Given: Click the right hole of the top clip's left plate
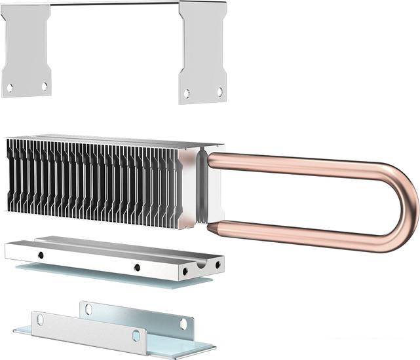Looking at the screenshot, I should (x=45, y=86).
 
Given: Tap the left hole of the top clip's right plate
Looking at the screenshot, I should (x=187, y=93).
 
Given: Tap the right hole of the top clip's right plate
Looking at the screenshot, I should (x=220, y=92).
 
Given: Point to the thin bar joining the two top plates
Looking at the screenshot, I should (x=115, y=4).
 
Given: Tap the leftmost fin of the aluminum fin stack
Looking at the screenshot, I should (x=9, y=173).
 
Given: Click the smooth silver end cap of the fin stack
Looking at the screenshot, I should (x=188, y=187).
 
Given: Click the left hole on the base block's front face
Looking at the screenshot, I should (x=41, y=254).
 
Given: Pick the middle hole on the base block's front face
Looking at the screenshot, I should (x=137, y=266).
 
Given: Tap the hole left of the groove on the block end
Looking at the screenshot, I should (x=186, y=270).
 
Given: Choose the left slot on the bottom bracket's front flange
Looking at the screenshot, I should (x=40, y=319).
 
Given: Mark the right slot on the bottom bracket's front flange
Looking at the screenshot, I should (x=136, y=335).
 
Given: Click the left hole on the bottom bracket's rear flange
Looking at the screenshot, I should (x=88, y=309).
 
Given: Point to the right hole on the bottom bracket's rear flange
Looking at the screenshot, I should (x=183, y=323).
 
